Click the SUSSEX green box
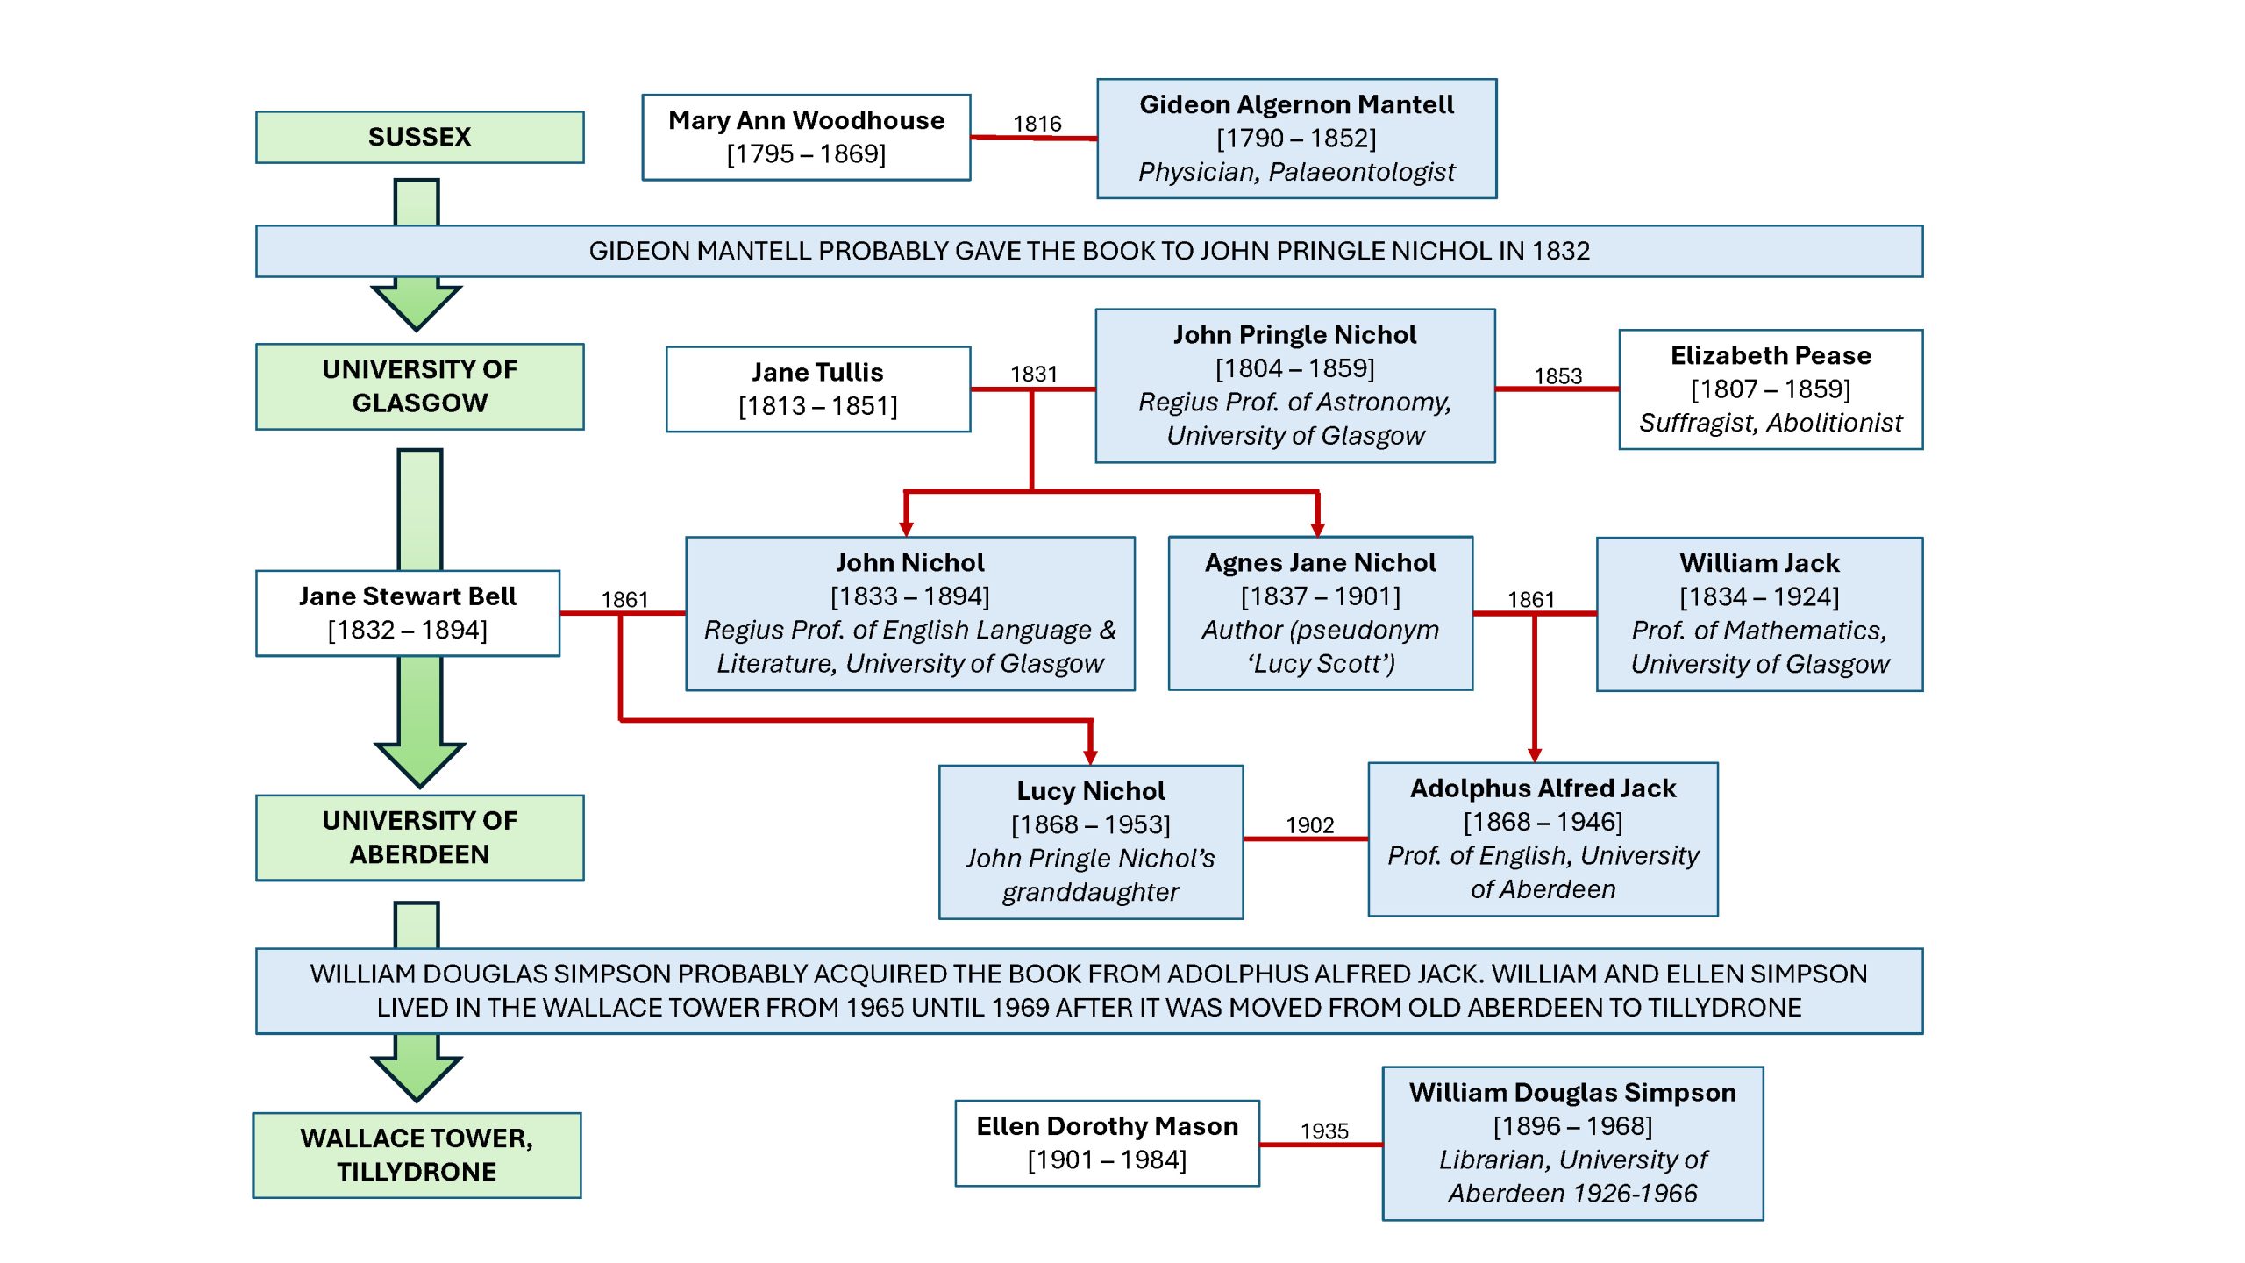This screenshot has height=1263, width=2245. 419,137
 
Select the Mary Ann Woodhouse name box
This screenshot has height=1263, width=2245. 806,137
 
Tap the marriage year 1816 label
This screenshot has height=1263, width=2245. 1037,124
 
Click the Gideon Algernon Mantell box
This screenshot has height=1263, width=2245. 1296,139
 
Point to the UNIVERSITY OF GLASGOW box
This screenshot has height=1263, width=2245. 419,386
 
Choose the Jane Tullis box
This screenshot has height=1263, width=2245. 817,389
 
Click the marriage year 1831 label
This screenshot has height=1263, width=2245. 1033,375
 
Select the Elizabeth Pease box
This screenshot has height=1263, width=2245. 1770,389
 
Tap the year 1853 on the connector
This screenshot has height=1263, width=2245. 1557,376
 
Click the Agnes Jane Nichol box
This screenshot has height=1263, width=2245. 1320,613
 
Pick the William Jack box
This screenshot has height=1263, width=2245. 1759,614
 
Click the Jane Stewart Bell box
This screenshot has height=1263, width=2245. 407,613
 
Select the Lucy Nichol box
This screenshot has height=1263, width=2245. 1090,842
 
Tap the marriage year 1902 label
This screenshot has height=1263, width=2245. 1309,825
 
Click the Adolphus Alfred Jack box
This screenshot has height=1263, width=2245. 1543,839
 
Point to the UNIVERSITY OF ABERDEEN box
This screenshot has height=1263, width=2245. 419,838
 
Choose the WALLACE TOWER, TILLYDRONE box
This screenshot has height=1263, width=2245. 417,1155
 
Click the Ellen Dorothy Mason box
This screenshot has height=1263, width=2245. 1107,1143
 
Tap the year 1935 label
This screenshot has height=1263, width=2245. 1324,1131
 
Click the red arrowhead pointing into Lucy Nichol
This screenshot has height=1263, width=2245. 1090,757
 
